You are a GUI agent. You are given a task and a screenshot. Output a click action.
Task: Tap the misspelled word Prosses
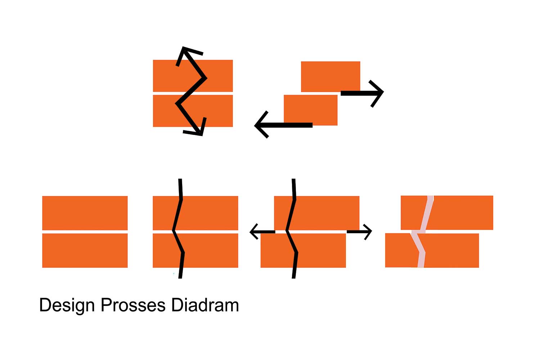(x=133, y=305)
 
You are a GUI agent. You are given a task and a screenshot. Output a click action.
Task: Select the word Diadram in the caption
(x=205, y=305)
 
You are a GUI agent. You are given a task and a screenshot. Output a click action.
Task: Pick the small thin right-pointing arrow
(x=359, y=232)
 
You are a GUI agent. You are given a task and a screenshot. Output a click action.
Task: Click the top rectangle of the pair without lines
(x=85, y=213)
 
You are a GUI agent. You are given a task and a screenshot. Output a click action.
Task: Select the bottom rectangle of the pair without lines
(x=85, y=250)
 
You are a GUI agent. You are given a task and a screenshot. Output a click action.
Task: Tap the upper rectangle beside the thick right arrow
(x=330, y=76)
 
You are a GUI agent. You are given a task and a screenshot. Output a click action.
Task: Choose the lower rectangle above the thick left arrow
(x=310, y=110)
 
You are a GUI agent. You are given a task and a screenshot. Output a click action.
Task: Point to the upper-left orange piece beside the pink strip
(x=413, y=213)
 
